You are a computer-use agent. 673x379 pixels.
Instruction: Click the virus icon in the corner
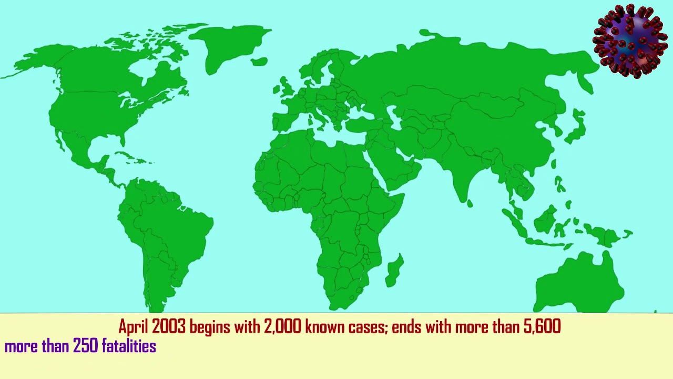click(629, 41)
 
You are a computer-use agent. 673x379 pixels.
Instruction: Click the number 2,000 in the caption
click(283, 327)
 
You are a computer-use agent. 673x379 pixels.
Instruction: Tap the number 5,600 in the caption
click(542, 327)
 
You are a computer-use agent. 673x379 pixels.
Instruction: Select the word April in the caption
click(134, 327)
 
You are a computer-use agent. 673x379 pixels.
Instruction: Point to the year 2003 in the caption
click(169, 327)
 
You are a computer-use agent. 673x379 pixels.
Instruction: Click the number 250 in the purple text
click(85, 346)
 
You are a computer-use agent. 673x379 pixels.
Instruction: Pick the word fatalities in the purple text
click(129, 346)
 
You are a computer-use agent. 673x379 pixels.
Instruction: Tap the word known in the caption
click(324, 327)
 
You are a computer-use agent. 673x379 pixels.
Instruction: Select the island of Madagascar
click(394, 270)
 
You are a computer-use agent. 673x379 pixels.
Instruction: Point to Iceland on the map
click(259, 62)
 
